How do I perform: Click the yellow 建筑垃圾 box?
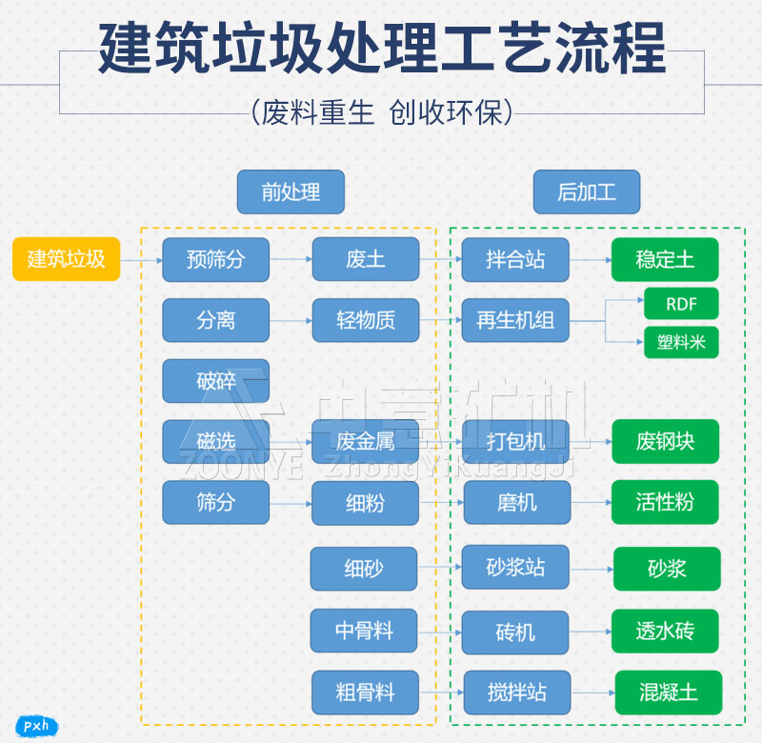(x=66, y=259)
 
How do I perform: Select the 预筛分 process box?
(x=215, y=259)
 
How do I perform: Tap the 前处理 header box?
(x=291, y=192)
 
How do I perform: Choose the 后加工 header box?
(x=586, y=192)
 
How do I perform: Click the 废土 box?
(x=365, y=259)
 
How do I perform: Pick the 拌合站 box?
(x=515, y=259)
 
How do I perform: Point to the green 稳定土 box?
(x=665, y=259)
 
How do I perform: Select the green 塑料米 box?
(x=681, y=342)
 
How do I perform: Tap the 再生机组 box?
(x=515, y=320)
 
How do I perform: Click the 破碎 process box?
(x=215, y=381)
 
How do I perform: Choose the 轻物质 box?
(x=365, y=320)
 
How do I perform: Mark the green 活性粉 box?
(x=665, y=502)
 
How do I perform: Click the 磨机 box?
(x=516, y=502)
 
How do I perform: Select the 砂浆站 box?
(x=515, y=567)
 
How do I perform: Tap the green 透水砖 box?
(x=665, y=631)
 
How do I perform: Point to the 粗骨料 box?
(x=365, y=693)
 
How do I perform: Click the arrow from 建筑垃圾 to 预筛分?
(x=141, y=260)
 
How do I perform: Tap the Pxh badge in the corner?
(x=35, y=726)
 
